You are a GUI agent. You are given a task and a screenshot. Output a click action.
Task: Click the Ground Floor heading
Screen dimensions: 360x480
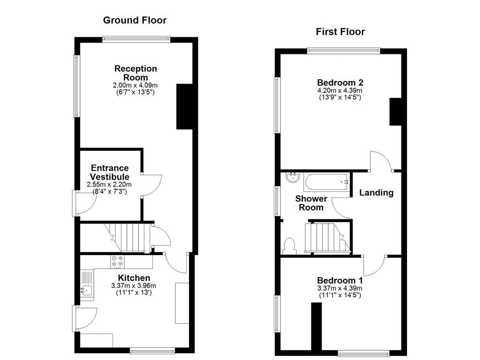(x=135, y=20)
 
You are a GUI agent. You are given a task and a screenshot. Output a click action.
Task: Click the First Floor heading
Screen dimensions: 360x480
(x=340, y=32)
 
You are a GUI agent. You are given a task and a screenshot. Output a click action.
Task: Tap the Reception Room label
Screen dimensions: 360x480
(x=136, y=73)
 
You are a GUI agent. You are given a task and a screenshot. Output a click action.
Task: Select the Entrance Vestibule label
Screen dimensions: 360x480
(x=110, y=172)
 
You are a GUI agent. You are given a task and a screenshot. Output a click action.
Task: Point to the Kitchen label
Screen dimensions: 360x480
(x=134, y=278)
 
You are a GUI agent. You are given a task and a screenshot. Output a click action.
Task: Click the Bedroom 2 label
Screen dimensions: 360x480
(x=340, y=82)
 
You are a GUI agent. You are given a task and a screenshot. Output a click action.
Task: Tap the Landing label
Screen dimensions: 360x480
(x=376, y=193)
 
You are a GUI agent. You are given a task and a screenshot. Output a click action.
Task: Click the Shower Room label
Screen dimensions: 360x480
(x=311, y=203)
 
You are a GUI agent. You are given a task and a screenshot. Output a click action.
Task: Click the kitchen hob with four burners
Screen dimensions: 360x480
(x=118, y=262)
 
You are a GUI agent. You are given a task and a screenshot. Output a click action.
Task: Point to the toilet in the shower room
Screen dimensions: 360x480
(x=289, y=246)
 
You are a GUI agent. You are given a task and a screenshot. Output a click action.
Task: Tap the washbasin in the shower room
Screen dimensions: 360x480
(x=293, y=178)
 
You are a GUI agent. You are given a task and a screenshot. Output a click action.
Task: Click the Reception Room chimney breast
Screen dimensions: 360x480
(x=184, y=107)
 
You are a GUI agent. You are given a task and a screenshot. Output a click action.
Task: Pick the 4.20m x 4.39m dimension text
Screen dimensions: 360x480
(x=340, y=90)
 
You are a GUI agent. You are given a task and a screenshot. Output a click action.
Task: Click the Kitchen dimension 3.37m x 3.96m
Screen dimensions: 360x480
(x=134, y=286)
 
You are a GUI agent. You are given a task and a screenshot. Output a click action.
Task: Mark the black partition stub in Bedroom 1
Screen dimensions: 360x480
(x=316, y=326)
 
